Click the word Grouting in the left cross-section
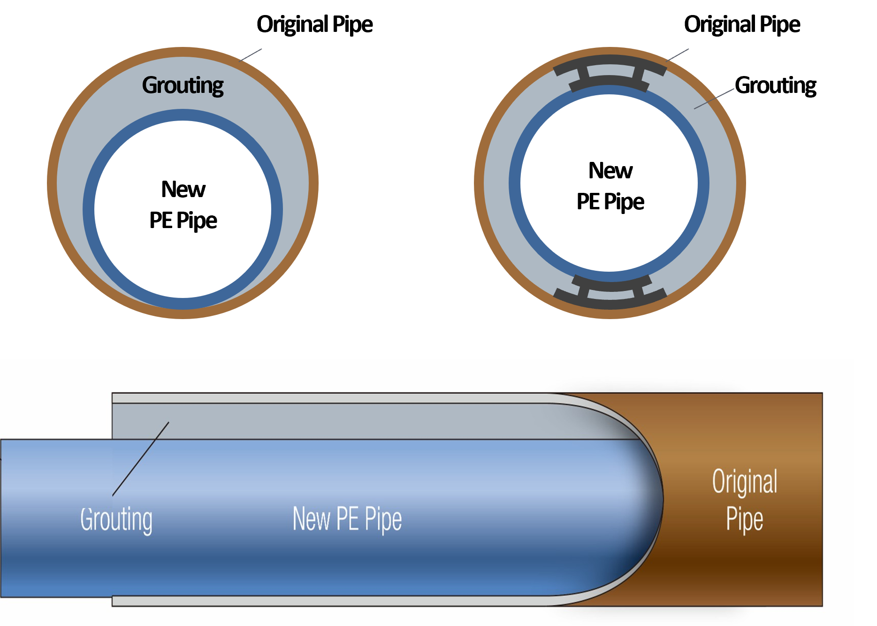click(183, 86)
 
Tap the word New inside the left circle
click(183, 190)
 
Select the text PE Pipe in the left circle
click(183, 221)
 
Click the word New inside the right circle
click(610, 171)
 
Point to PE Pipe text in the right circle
click(610, 202)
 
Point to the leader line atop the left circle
click(251, 55)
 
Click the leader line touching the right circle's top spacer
click(678, 55)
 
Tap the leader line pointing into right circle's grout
click(714, 99)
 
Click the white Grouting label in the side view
click(116, 519)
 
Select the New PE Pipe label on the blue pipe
click(347, 519)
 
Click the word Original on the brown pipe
click(744, 481)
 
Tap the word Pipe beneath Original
click(744, 519)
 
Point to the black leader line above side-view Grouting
click(141, 458)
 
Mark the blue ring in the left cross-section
click(89, 209)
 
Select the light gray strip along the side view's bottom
click(328, 601)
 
